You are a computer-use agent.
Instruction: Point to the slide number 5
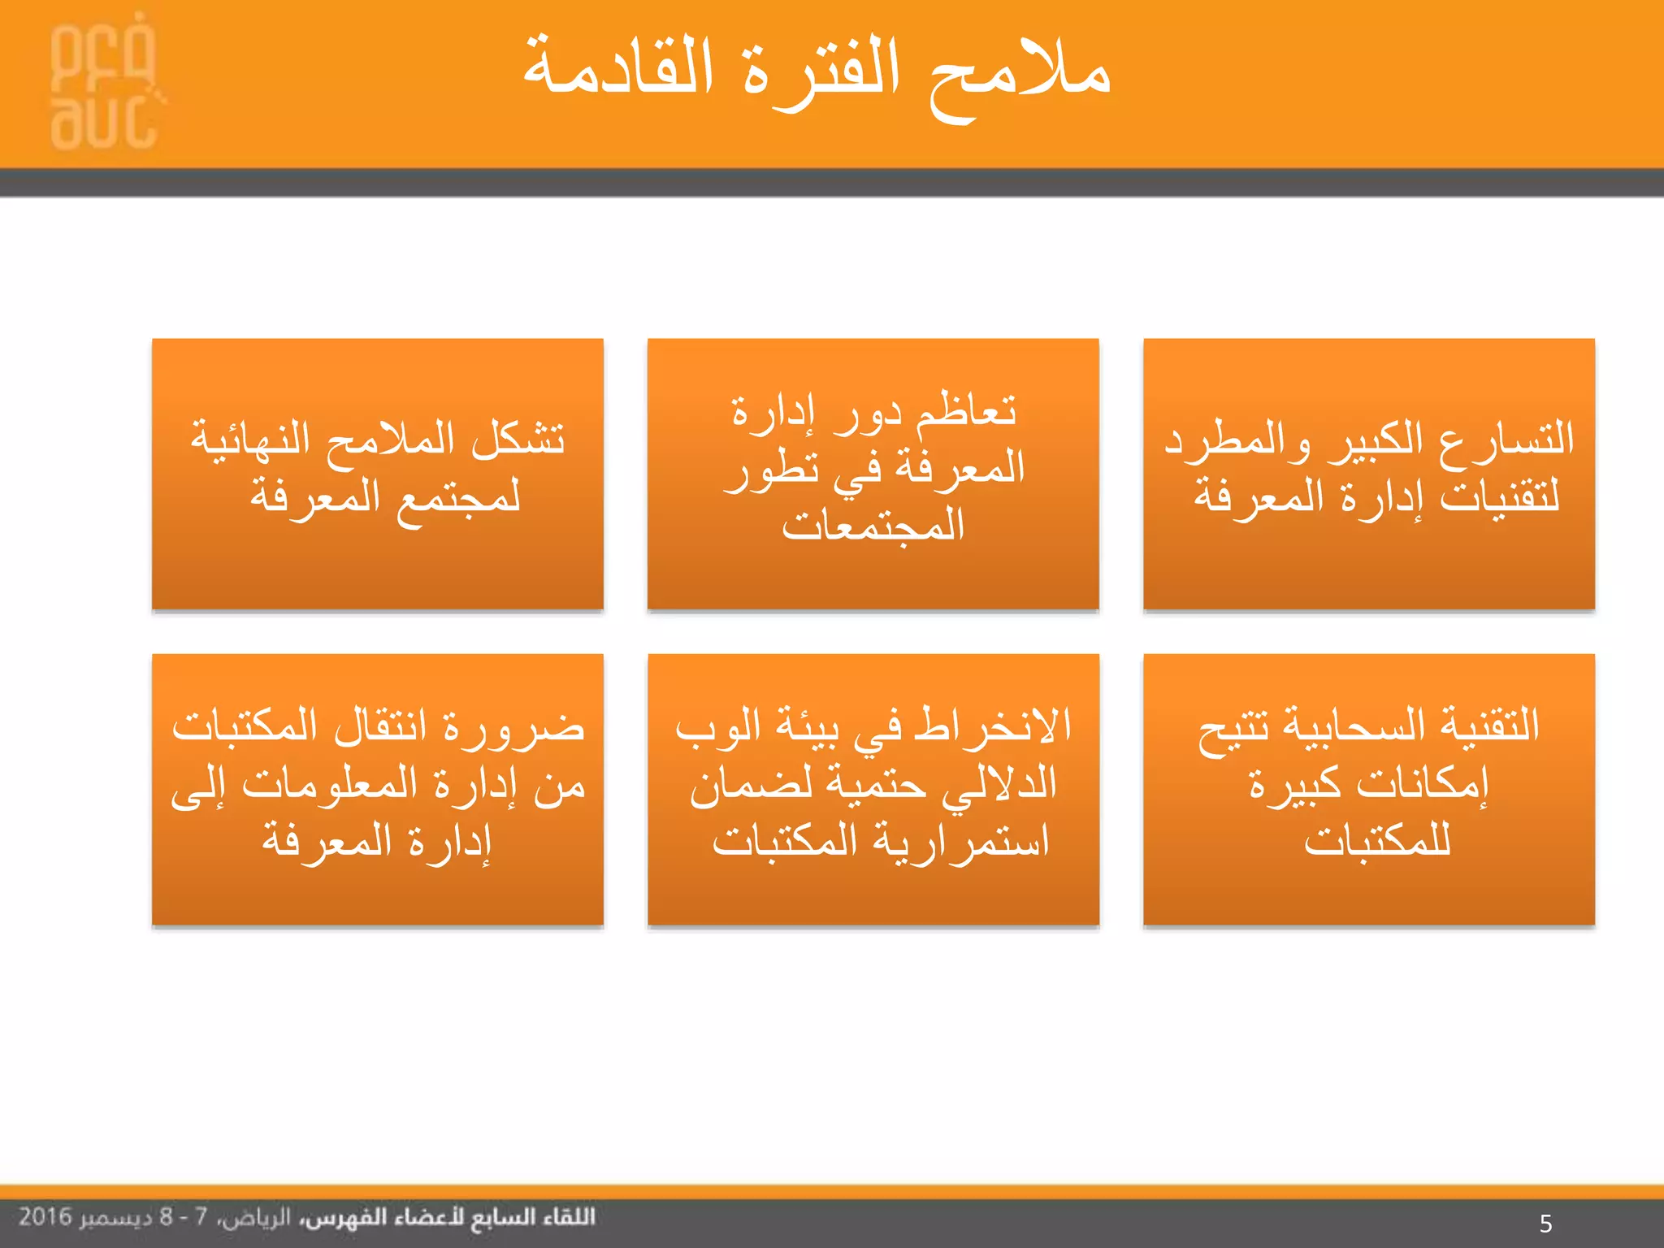point(1545,1223)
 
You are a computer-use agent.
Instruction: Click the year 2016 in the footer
point(45,1217)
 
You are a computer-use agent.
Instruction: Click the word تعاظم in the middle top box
point(966,410)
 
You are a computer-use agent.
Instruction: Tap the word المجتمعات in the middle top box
point(873,526)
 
